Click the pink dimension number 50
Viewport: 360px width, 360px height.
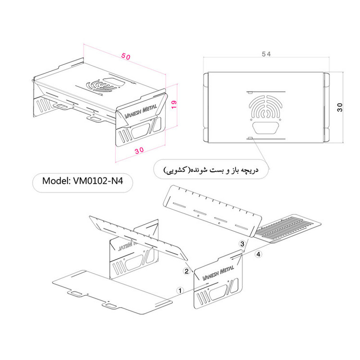click(126, 57)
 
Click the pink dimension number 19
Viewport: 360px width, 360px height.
click(174, 105)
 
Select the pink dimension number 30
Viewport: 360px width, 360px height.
click(139, 150)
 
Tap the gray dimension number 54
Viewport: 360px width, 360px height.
click(266, 54)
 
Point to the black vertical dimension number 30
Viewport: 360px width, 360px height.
click(340, 108)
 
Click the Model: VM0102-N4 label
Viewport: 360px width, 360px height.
click(83, 181)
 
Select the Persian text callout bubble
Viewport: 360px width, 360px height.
click(211, 169)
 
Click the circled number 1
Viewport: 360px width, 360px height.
click(180, 290)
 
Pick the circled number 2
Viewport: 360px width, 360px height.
click(186, 271)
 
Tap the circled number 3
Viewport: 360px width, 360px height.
click(242, 243)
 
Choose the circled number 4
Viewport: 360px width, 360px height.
click(259, 254)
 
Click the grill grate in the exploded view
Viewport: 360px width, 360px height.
click(288, 228)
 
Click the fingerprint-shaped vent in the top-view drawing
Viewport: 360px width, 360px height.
click(266, 108)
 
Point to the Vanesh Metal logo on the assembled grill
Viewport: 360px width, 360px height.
click(141, 111)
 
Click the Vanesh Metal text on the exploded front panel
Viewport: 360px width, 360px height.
click(218, 273)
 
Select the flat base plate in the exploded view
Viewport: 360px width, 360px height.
click(112, 292)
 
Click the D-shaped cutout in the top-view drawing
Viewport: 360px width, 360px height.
click(266, 128)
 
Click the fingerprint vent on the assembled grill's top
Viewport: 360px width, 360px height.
click(101, 86)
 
